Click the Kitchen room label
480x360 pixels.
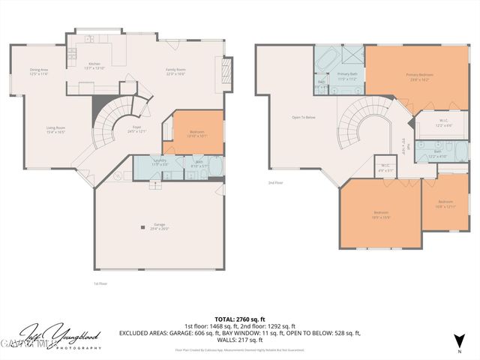94,65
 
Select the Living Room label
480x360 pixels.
55,130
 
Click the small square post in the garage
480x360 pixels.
141,226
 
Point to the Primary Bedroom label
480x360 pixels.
421,76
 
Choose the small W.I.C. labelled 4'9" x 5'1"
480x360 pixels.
385,167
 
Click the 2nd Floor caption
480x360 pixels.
275,182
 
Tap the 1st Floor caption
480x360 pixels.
100,283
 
